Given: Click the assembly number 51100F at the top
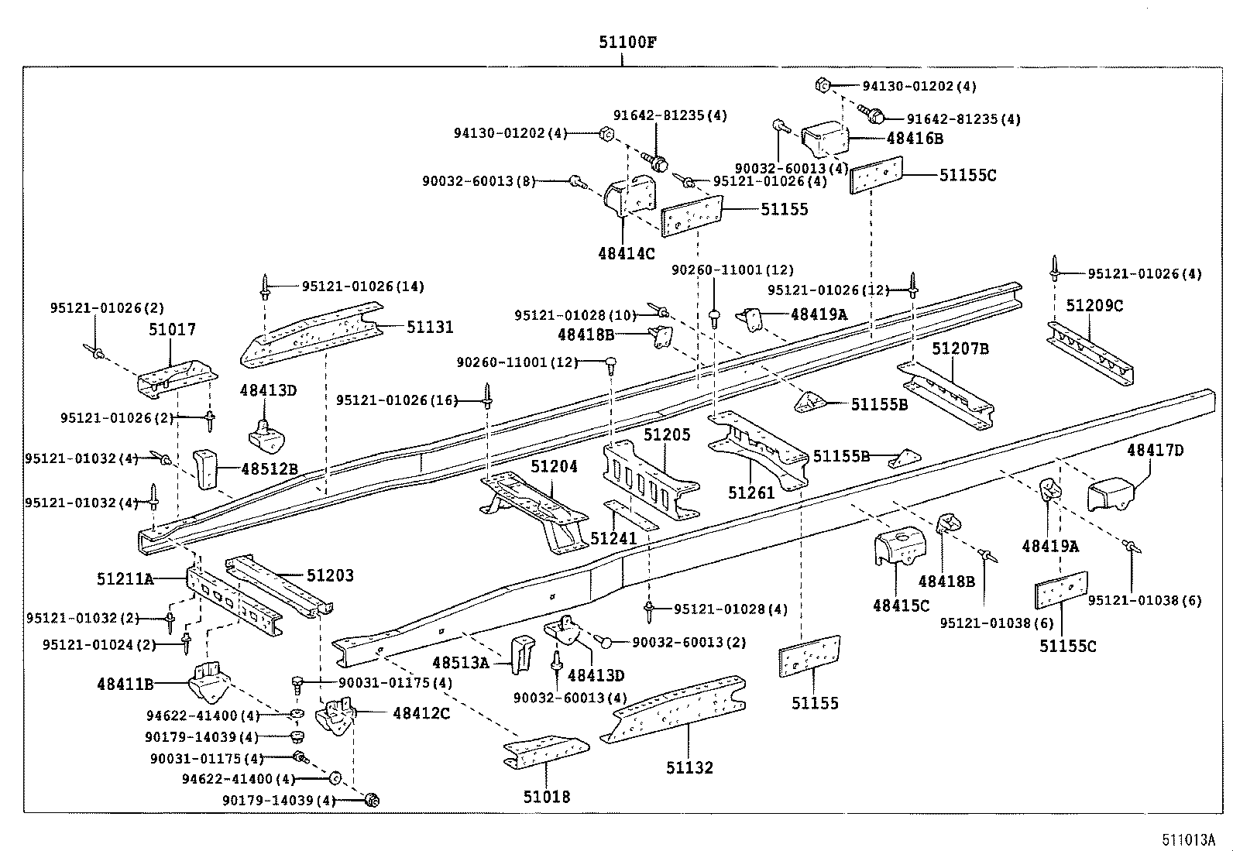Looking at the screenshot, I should click(627, 43).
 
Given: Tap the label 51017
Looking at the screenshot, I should click(172, 330).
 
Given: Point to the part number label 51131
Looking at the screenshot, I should click(430, 328).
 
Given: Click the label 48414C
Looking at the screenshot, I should click(627, 253).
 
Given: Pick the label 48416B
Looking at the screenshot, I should click(915, 139).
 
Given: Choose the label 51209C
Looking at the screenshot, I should click(1094, 306).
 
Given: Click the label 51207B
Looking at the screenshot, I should click(960, 349).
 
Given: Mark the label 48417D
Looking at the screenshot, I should click(1155, 451).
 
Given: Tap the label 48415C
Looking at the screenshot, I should click(901, 606).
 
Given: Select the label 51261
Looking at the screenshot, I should click(751, 492).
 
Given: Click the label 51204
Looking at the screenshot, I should click(554, 467).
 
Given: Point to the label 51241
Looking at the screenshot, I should click(613, 538).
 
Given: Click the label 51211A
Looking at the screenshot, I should click(125, 578).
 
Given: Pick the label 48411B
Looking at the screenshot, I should click(125, 685).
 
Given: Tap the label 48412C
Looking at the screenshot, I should click(421, 713).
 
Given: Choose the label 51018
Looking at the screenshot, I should click(546, 797).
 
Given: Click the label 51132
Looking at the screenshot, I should click(689, 767).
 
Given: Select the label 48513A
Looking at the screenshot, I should click(460, 663).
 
